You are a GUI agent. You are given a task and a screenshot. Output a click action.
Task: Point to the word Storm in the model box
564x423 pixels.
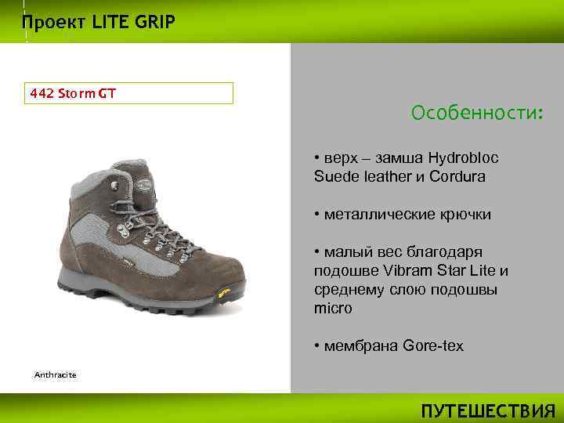click(73, 93)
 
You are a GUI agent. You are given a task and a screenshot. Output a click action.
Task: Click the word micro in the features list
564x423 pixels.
click(333, 309)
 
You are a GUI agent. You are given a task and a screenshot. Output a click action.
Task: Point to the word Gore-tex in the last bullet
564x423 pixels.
click(433, 345)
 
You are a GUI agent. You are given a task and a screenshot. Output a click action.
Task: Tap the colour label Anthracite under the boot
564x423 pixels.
click(55, 375)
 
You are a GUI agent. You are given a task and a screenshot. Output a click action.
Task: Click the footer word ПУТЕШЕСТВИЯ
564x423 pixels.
click(487, 411)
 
